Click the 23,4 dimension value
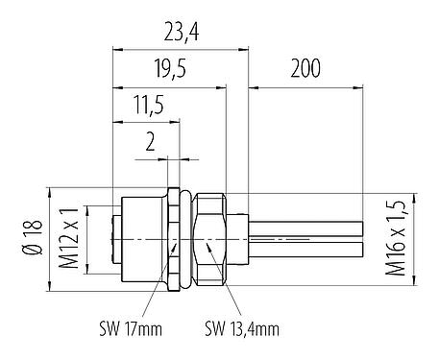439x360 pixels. point(180,35)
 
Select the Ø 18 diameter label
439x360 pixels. point(35,234)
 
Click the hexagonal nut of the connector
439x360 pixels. point(210,236)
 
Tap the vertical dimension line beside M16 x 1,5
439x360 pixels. point(414,236)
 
